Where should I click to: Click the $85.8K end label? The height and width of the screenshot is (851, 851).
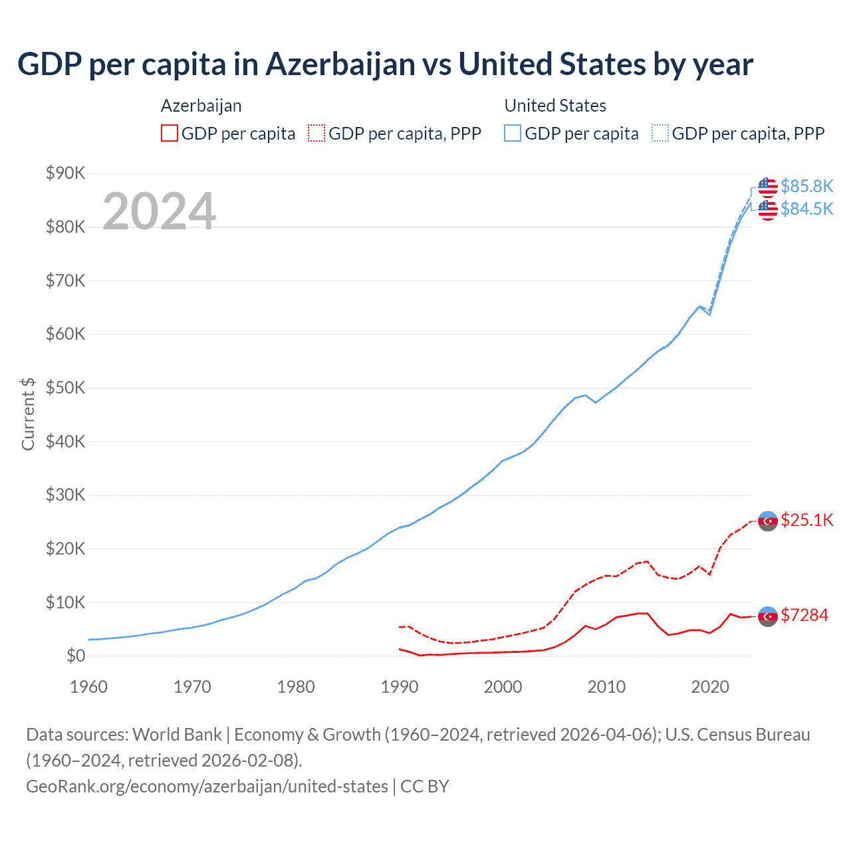pyautogui.click(x=806, y=186)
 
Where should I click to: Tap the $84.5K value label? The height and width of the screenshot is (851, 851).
pyautogui.click(x=806, y=209)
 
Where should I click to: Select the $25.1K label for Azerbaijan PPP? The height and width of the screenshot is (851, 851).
pyautogui.click(x=806, y=520)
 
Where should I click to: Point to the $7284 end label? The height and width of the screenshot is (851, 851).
pyautogui.click(x=804, y=615)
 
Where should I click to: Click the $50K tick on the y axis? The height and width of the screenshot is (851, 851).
pyautogui.click(x=65, y=388)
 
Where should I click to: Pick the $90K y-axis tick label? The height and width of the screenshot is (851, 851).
pyautogui.click(x=65, y=174)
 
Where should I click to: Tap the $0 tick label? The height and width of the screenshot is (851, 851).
pyautogui.click(x=76, y=656)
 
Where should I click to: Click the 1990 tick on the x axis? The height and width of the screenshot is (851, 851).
pyautogui.click(x=400, y=687)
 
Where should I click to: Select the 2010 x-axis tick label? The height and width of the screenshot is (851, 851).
pyautogui.click(x=606, y=687)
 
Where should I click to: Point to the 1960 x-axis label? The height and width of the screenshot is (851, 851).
pyautogui.click(x=88, y=687)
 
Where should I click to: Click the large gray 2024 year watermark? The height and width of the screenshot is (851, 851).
pyautogui.click(x=159, y=211)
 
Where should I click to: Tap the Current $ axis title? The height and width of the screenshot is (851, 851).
pyautogui.click(x=28, y=414)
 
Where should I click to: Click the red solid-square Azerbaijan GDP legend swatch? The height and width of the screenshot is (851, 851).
pyautogui.click(x=170, y=133)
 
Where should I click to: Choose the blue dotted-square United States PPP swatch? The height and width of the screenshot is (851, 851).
pyautogui.click(x=660, y=133)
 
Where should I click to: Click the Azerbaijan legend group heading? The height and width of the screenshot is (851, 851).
pyautogui.click(x=201, y=106)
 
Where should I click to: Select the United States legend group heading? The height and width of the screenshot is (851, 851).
pyautogui.click(x=555, y=106)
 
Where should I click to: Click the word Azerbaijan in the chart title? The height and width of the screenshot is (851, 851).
pyautogui.click(x=349, y=64)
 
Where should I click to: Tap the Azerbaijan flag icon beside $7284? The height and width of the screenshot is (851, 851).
pyautogui.click(x=768, y=616)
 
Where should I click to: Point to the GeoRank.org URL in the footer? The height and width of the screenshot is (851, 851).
pyautogui.click(x=207, y=787)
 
